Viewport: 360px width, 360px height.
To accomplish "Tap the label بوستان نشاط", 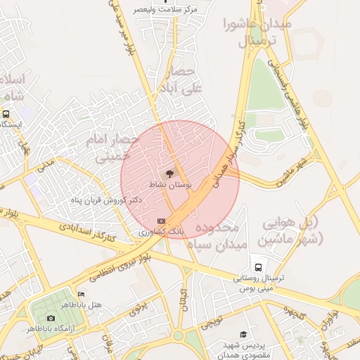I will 169,184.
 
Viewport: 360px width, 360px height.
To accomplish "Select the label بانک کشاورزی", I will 161,231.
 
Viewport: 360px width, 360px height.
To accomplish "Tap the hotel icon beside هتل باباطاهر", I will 81,294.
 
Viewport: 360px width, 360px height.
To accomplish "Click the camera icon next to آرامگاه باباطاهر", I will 51,319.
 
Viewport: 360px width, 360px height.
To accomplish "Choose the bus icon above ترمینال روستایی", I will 258,268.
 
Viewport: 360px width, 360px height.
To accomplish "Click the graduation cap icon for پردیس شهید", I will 243,335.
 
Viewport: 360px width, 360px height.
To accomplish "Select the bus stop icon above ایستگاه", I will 6,114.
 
